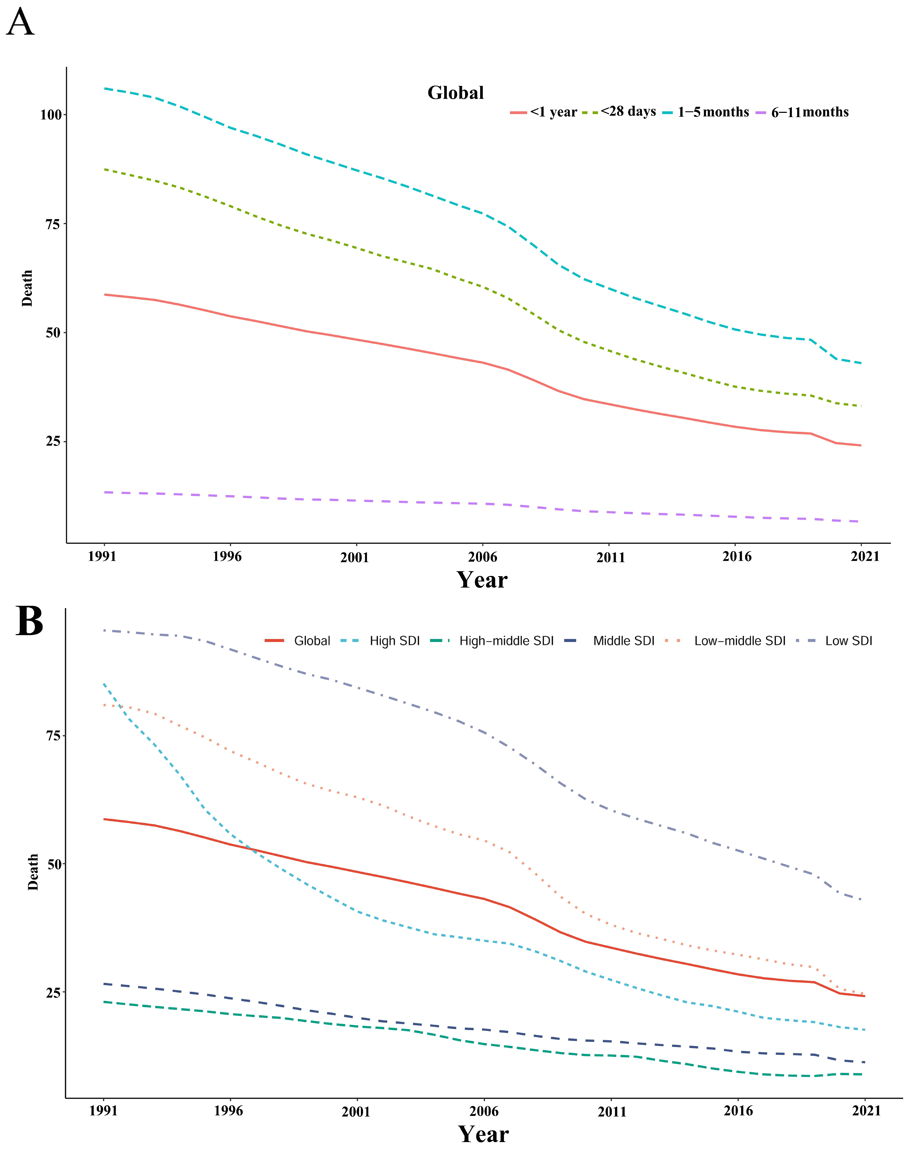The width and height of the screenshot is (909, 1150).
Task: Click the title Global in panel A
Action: point(456,93)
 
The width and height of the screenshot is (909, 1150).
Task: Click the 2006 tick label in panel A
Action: point(482,557)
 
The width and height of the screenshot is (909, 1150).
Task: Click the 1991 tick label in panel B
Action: point(103,1111)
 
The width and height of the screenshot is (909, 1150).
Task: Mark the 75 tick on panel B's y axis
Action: point(54,736)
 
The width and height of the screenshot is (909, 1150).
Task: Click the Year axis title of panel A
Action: point(482,580)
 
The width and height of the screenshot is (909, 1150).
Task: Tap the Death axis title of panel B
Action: point(33,872)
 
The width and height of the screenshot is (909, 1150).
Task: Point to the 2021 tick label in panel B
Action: point(866,1111)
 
